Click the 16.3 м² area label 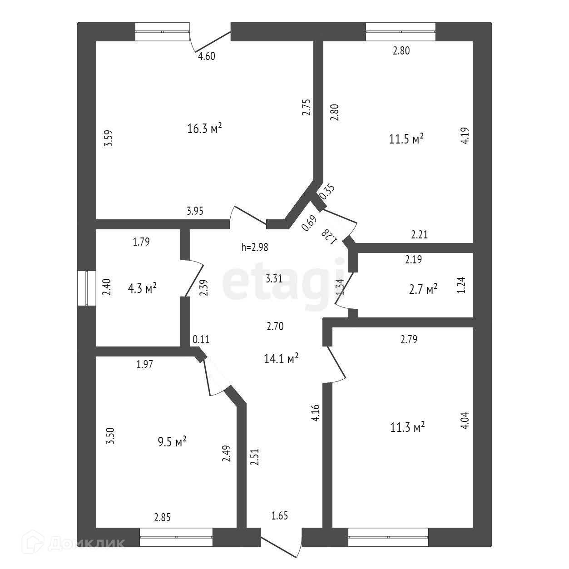204,129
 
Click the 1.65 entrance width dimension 280,516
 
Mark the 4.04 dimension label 465,421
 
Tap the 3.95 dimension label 195,211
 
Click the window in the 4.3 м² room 86,288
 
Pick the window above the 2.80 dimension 401,32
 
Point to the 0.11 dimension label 201,339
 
